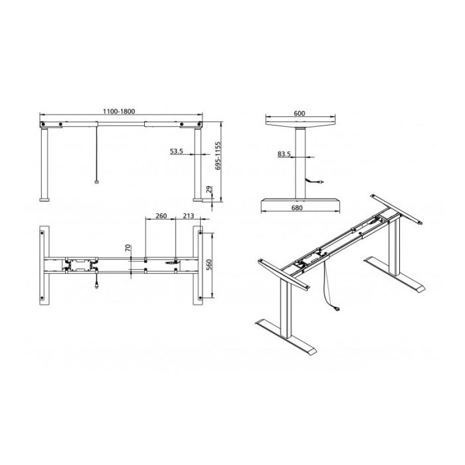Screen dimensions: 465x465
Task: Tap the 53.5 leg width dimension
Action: click(x=176, y=151)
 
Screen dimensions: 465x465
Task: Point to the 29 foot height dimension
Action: click(x=209, y=192)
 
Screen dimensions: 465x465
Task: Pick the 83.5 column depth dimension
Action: click(x=284, y=154)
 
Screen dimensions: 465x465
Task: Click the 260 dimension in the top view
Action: click(x=160, y=216)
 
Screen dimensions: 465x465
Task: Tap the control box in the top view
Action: click(x=81, y=265)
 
